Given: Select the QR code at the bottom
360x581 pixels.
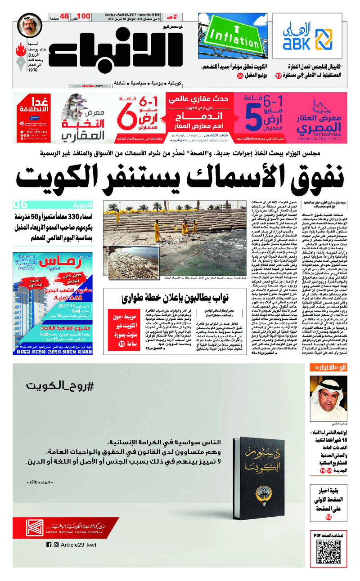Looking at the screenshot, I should coord(327,550).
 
